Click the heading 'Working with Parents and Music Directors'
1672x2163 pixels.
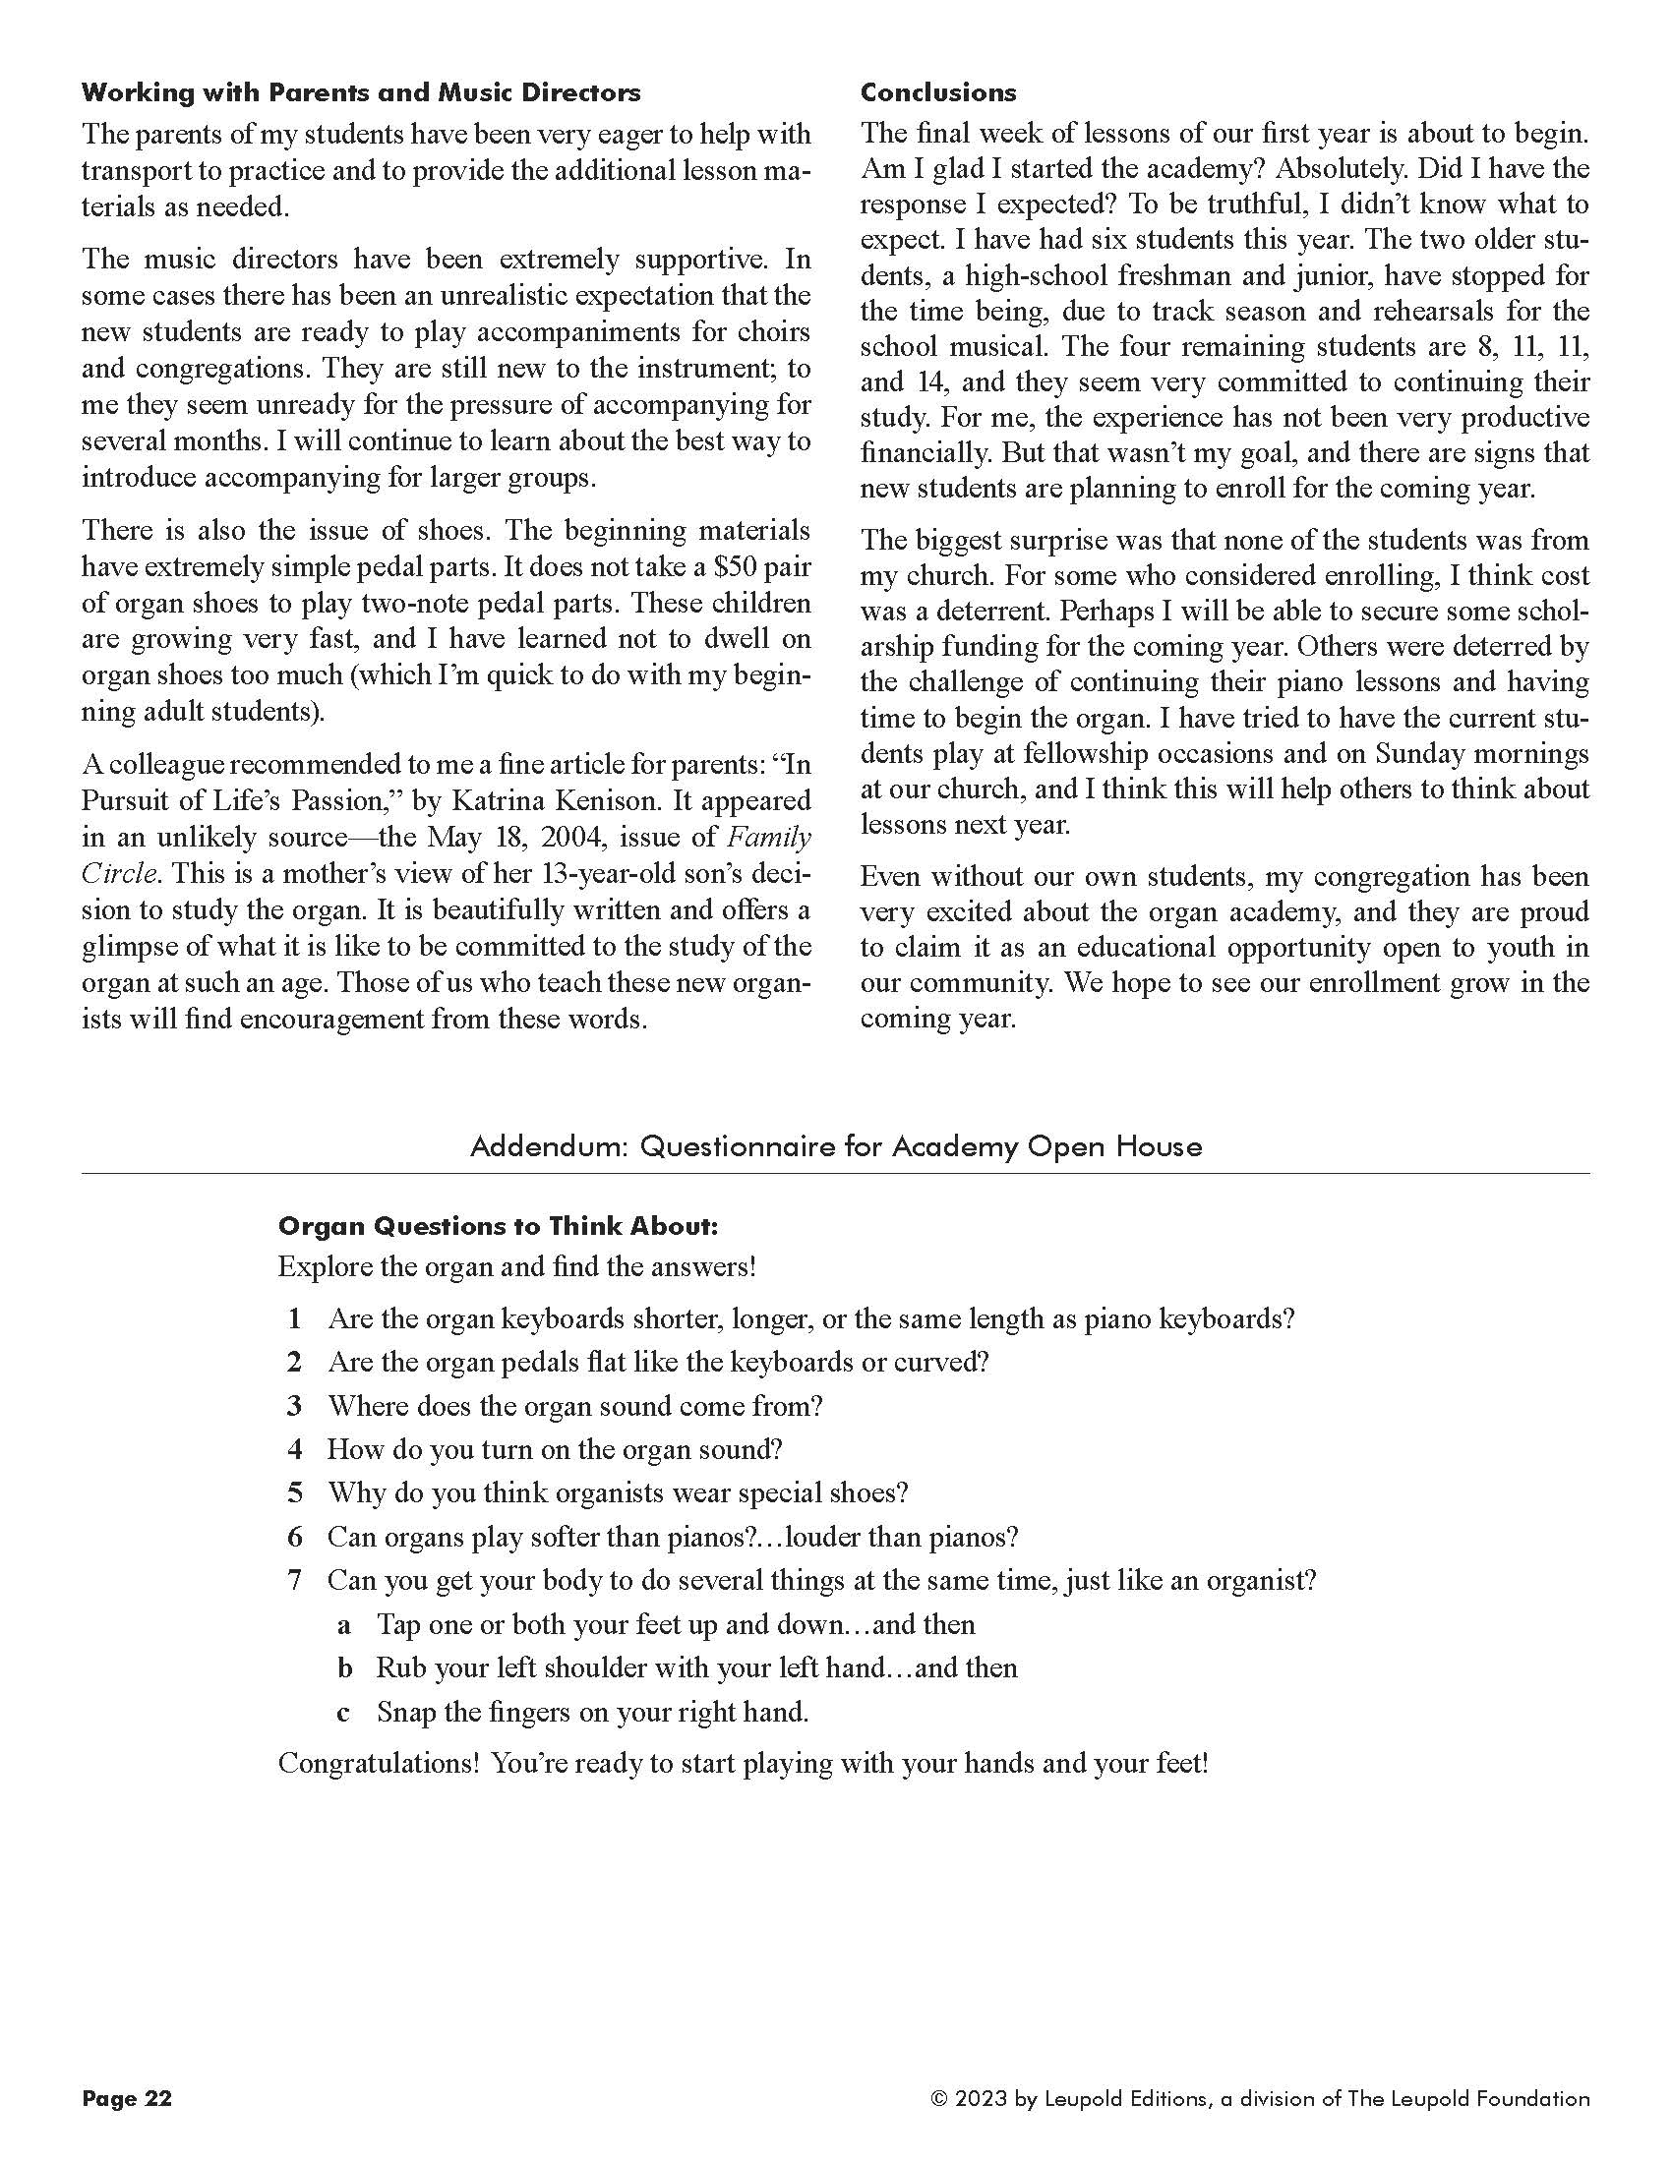point(361,93)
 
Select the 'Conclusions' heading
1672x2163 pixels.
point(937,93)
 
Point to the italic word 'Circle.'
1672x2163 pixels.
point(119,873)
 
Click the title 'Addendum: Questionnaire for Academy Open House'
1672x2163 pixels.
point(835,1146)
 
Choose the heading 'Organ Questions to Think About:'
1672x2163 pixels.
point(498,1226)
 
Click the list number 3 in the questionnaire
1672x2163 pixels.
point(294,1406)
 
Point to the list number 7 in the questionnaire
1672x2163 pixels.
point(294,1581)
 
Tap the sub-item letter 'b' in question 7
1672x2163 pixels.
point(343,1667)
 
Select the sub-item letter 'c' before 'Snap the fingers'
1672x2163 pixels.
point(343,1713)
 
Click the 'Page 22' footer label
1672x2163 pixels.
point(127,2099)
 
